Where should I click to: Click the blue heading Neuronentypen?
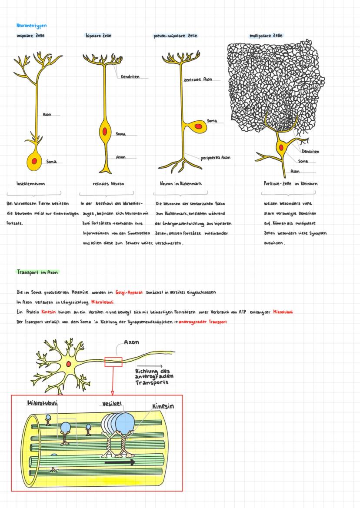pos(31,26)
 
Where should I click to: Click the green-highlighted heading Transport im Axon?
pos(37,272)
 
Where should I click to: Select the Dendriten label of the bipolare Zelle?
pos(130,77)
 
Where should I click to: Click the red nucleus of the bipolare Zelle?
pos(104,131)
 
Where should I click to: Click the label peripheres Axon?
pos(216,158)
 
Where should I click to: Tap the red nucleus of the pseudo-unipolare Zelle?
pos(198,126)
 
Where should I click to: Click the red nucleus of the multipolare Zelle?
pos(281,148)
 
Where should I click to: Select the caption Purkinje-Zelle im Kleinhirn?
pos(290,183)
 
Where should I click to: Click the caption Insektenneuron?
pos(30,183)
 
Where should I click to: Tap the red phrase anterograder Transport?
pos(203,322)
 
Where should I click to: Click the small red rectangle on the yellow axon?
pos(113,362)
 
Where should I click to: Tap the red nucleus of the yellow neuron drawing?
pos(68,363)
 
